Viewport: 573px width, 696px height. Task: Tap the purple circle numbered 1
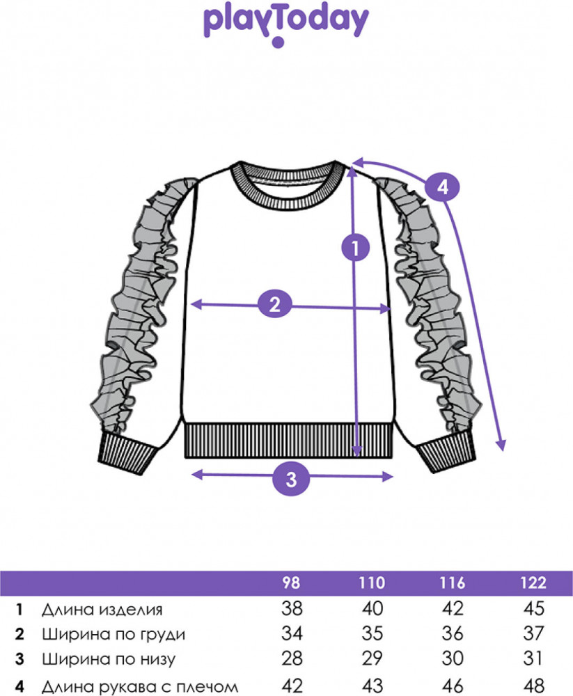click(x=355, y=247)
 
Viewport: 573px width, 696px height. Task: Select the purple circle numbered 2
click(x=275, y=304)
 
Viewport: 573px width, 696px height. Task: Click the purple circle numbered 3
click(x=291, y=479)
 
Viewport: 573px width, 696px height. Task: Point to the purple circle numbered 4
click(x=442, y=187)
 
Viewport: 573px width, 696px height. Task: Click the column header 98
click(x=292, y=583)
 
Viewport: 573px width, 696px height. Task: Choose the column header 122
click(x=533, y=583)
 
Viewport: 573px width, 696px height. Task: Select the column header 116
click(x=452, y=583)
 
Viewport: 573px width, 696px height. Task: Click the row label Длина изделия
click(x=102, y=610)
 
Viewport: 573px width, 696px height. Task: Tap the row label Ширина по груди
click(x=113, y=635)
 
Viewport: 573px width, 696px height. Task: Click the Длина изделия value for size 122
click(x=533, y=608)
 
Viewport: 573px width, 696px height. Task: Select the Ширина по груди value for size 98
click(x=292, y=633)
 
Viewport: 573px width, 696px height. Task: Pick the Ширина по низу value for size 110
click(x=372, y=658)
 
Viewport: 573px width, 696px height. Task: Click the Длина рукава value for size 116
click(x=453, y=686)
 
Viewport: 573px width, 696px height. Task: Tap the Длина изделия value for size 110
click(x=372, y=608)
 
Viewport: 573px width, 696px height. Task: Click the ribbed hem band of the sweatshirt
click(x=289, y=441)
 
